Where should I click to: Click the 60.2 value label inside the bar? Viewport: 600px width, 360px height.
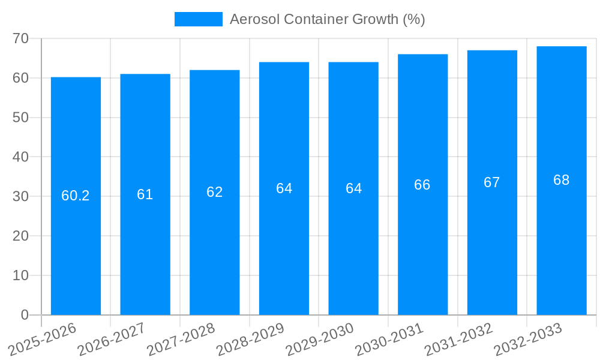pos(76,196)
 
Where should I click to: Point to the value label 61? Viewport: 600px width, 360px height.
pos(145,194)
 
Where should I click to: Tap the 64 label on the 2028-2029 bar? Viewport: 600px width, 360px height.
pos(284,188)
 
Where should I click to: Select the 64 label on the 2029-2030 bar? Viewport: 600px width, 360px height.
pos(353,188)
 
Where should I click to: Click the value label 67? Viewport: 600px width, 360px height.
pos(492,182)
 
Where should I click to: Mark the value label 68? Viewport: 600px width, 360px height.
pos(562,180)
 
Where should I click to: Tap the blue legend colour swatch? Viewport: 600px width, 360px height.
pos(198,19)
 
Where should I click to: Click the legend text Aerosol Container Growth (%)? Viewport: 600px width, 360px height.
pos(328,19)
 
